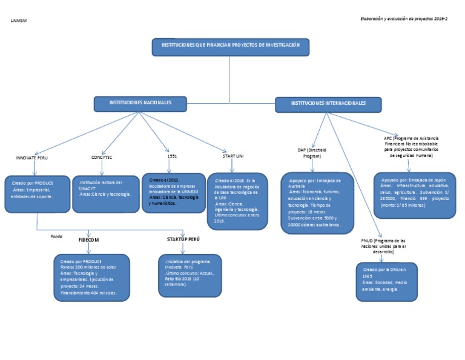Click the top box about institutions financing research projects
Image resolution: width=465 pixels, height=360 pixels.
[x=230, y=47]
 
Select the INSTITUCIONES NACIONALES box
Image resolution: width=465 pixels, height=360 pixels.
[x=140, y=104]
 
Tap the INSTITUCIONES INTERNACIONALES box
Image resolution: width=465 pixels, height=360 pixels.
[x=329, y=104]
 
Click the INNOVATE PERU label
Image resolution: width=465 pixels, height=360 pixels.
[x=31, y=158]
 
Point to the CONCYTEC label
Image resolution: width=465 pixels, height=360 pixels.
[x=102, y=158]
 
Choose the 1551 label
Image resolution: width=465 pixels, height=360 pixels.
[x=172, y=156]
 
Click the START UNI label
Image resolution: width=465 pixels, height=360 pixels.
[x=232, y=156]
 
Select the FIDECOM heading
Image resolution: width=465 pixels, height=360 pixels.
[x=88, y=239]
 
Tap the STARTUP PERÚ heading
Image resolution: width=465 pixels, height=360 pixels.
[x=183, y=239]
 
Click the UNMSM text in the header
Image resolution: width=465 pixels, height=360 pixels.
[x=19, y=21]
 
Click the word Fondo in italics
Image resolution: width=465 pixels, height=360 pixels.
[x=56, y=236]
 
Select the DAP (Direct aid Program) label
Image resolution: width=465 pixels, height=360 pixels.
[x=312, y=153]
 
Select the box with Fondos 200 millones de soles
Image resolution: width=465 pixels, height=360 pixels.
[x=91, y=277]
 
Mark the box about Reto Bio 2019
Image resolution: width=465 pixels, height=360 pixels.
[x=188, y=276]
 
